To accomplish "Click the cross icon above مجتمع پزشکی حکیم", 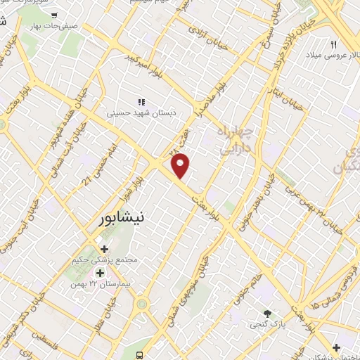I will pyautogui.click(x=105, y=249).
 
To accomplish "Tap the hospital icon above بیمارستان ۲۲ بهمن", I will pyautogui.click(x=100, y=273).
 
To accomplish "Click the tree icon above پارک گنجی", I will pyautogui.click(x=266, y=314).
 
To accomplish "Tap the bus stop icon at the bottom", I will pyautogui.click(x=141, y=354).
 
